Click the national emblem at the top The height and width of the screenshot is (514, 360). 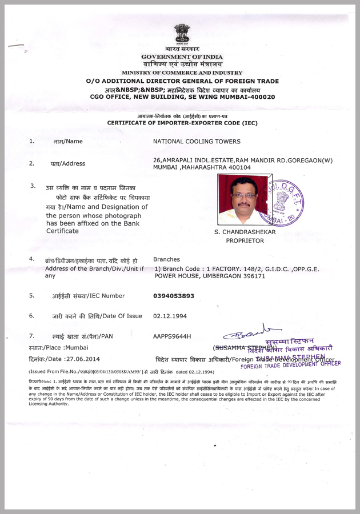coord(182,34)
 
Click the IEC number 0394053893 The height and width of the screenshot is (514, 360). coord(174,296)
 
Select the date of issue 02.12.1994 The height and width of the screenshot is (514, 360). coord(170,316)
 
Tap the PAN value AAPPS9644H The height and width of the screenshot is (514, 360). coord(172,336)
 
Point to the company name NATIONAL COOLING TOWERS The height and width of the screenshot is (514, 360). coord(197,141)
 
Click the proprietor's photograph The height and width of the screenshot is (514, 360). coord(237,199)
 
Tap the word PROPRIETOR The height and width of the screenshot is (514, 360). coord(245,240)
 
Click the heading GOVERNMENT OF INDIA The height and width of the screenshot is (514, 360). coord(182,57)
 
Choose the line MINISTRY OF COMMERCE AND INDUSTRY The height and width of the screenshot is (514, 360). coord(182,73)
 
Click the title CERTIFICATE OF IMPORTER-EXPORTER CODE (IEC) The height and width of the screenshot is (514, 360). coord(182,123)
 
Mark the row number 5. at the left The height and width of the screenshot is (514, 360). coord(32,296)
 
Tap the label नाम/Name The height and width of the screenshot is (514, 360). coord(68,141)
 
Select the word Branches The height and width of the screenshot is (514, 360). coord(166,259)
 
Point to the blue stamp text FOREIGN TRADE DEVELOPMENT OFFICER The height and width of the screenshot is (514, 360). coord(290,364)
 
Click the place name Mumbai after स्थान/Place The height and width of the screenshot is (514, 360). coord(77,347)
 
